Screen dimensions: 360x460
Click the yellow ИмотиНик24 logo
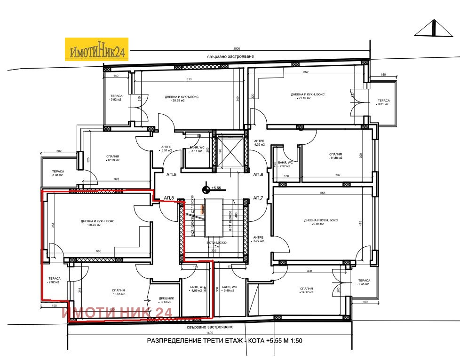pyautogui.click(x=96, y=49)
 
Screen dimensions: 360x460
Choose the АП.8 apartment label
pyautogui.click(x=169, y=198)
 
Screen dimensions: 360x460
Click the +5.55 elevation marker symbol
pyautogui.click(x=206, y=189)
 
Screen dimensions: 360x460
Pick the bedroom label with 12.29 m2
pyautogui.click(x=112, y=157)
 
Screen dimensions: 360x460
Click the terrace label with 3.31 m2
pyautogui.click(x=383, y=102)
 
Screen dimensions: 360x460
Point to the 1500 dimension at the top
pyautogui.click(x=237, y=49)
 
